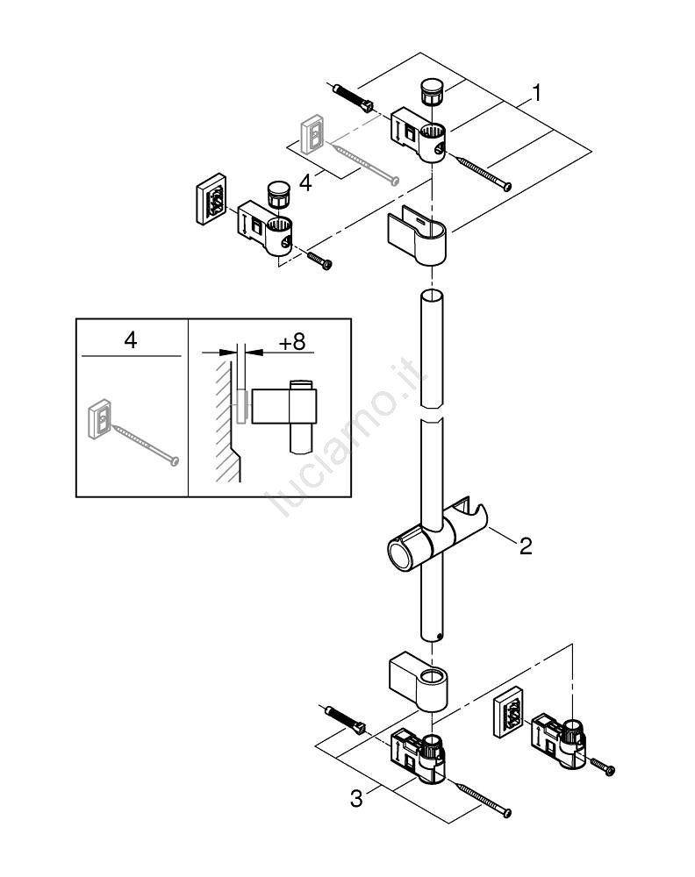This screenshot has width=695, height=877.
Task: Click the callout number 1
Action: pos(537,91)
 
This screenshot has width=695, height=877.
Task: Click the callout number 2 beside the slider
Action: pos(525,546)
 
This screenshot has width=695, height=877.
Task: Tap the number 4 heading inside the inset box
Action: pos(130,340)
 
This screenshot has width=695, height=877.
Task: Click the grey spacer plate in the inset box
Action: pos(101,418)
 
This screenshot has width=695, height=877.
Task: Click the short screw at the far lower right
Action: pos(603,766)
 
